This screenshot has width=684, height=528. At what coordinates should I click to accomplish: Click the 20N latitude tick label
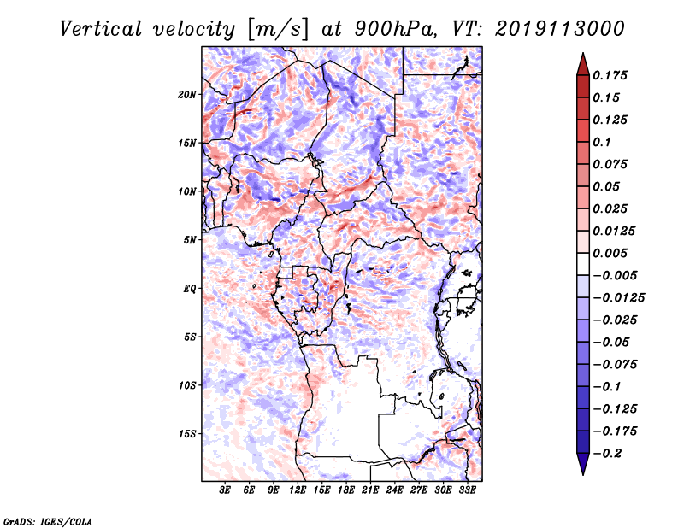187,95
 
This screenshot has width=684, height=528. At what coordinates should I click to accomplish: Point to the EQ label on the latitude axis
189,289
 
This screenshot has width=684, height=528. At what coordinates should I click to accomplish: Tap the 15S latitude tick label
187,434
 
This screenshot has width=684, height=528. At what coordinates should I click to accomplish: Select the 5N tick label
190,240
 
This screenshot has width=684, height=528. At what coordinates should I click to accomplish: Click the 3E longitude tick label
225,490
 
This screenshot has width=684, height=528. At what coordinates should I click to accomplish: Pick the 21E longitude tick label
370,490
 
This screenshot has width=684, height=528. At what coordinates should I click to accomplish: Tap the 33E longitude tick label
467,490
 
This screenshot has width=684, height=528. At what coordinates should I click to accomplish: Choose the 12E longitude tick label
298,490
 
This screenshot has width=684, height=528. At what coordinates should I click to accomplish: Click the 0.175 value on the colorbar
610,75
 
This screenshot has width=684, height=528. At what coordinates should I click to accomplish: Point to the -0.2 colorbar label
607,454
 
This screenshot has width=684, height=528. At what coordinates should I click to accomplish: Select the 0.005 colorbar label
610,253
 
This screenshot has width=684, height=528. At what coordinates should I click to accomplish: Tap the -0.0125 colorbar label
618,298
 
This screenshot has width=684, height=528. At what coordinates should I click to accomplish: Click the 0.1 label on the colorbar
602,142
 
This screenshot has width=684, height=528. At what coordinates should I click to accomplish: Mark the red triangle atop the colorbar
583,64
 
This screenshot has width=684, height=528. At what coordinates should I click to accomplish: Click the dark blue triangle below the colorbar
583,464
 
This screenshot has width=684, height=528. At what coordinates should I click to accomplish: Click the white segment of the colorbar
583,264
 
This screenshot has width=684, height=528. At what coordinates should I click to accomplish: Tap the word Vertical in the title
101,29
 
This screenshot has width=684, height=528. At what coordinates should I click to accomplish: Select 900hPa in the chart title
395,29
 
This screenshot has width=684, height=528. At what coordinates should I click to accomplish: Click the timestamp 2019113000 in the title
560,29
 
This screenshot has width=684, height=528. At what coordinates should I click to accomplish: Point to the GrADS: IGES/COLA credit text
48,521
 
